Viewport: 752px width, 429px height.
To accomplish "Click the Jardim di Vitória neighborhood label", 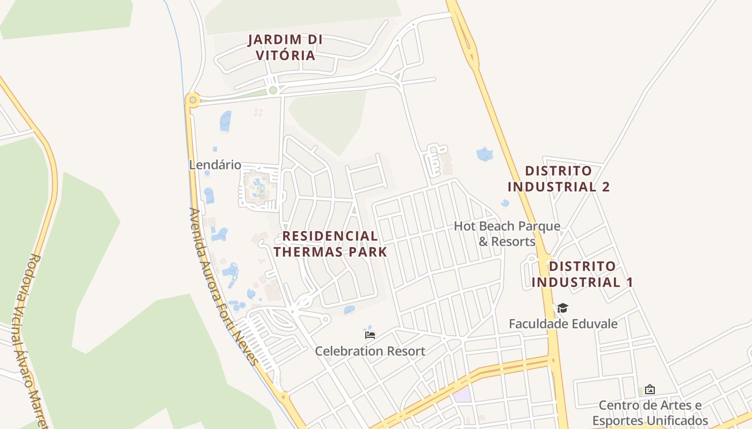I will [285, 47].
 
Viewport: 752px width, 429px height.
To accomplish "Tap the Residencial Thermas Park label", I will [330, 244].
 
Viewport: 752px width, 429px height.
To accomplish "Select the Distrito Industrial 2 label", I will [559, 179].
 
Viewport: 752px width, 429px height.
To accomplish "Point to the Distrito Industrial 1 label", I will [582, 274].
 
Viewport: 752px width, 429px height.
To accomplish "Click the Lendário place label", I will [215, 165].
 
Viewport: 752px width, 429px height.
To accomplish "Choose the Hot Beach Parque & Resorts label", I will [507, 234].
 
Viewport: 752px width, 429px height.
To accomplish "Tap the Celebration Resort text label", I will [370, 351].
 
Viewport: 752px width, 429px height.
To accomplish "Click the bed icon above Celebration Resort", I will [370, 335].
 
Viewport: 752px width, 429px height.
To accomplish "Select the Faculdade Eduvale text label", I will [563, 324].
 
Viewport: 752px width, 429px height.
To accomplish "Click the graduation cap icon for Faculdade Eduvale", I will [562, 308].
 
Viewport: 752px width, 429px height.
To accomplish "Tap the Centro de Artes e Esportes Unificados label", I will [650, 412].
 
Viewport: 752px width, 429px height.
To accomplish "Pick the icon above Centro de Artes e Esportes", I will [650, 389].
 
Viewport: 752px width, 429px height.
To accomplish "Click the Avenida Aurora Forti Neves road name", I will [223, 287].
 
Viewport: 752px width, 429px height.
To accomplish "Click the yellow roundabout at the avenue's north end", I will [192, 100].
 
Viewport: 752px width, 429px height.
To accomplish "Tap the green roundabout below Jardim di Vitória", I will [273, 90].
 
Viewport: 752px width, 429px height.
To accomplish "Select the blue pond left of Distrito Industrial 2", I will [485, 154].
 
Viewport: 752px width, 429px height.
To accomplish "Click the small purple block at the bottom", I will [462, 395].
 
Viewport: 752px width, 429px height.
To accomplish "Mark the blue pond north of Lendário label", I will [226, 121].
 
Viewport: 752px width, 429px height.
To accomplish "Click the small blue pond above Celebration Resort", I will [349, 309].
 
